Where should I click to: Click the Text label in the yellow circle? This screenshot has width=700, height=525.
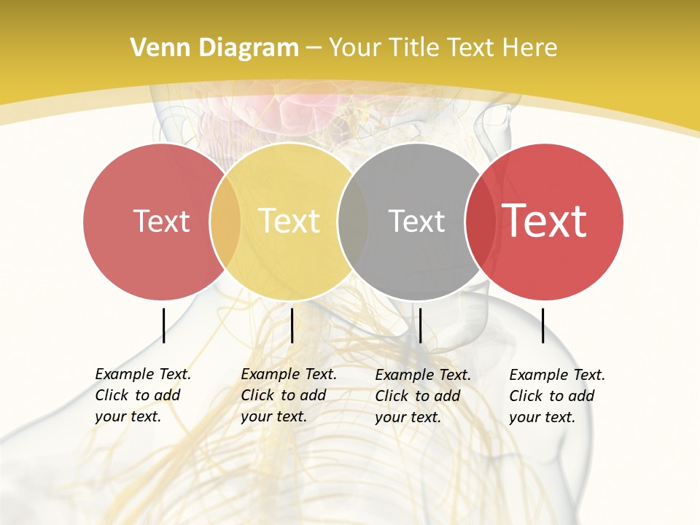(289, 221)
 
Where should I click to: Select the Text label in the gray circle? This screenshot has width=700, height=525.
(416, 221)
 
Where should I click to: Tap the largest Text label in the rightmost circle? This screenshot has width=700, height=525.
(545, 221)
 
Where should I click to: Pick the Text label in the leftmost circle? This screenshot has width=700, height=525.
(161, 221)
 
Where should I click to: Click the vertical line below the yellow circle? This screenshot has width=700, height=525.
(292, 325)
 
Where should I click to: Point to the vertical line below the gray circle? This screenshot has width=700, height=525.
(420, 325)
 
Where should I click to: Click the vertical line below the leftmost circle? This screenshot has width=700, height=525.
(163, 325)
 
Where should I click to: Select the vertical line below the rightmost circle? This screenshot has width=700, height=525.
(542, 325)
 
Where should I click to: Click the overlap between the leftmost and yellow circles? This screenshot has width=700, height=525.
(225, 221)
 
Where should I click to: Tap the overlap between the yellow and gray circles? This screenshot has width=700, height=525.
(353, 221)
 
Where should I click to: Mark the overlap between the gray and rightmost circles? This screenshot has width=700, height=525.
(481, 221)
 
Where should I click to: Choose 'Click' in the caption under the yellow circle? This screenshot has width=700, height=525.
(257, 396)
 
